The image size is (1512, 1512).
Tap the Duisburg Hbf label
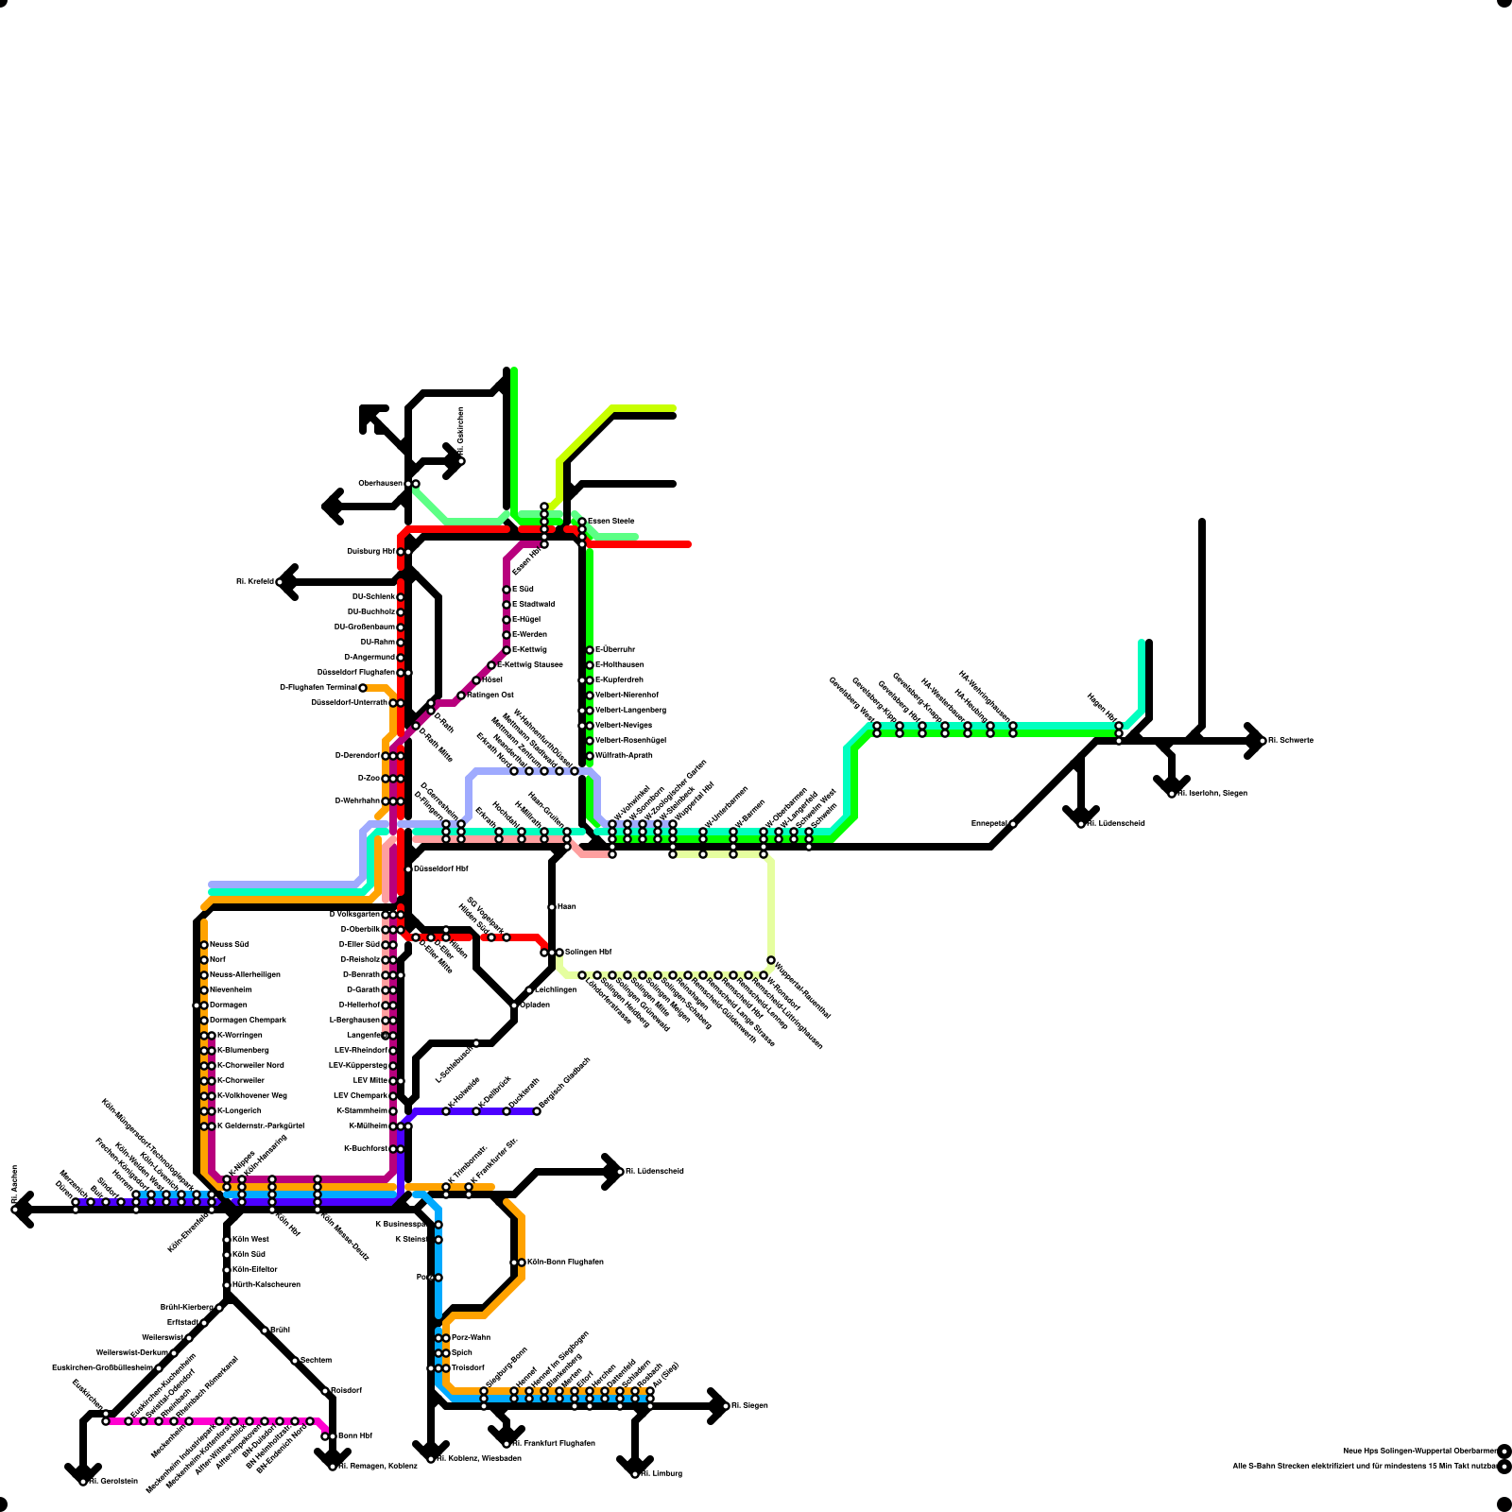pos(370,551)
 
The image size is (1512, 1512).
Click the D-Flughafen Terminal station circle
pos(363,688)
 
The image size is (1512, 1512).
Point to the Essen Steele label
pos(611,521)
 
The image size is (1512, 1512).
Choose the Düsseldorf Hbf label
pos(441,868)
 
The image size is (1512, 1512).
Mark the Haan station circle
pos(552,907)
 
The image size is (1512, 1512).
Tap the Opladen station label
pos(535,1005)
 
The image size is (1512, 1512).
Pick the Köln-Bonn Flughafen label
pos(565,1262)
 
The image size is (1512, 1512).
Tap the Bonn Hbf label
pos(354,1435)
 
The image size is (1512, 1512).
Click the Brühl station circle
pos(265,1331)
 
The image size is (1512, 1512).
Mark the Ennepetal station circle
pos(1013,824)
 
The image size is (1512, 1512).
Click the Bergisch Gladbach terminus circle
pos(537,1111)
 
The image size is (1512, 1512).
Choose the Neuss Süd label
pos(230,944)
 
